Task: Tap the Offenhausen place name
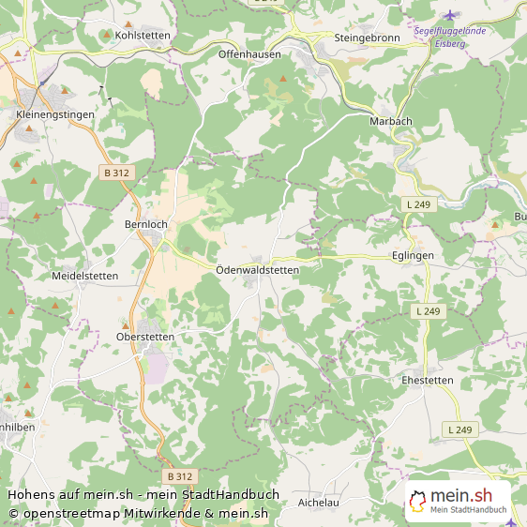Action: tap(249, 54)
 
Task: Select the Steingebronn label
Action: tap(368, 38)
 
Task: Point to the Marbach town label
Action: tap(391, 121)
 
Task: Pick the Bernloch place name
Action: tap(146, 225)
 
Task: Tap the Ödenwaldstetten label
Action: tap(257, 270)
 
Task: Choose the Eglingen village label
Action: tap(413, 255)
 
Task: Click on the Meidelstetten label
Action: tap(85, 276)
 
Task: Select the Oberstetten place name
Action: tap(145, 336)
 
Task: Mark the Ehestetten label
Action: tap(427, 381)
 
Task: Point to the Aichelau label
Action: tap(318, 503)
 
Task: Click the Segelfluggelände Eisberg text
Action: tap(462, 36)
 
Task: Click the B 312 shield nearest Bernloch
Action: tap(117, 173)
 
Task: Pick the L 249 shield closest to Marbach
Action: tap(418, 203)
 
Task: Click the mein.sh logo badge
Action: tap(459, 500)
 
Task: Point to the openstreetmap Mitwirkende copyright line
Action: tap(139, 513)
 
